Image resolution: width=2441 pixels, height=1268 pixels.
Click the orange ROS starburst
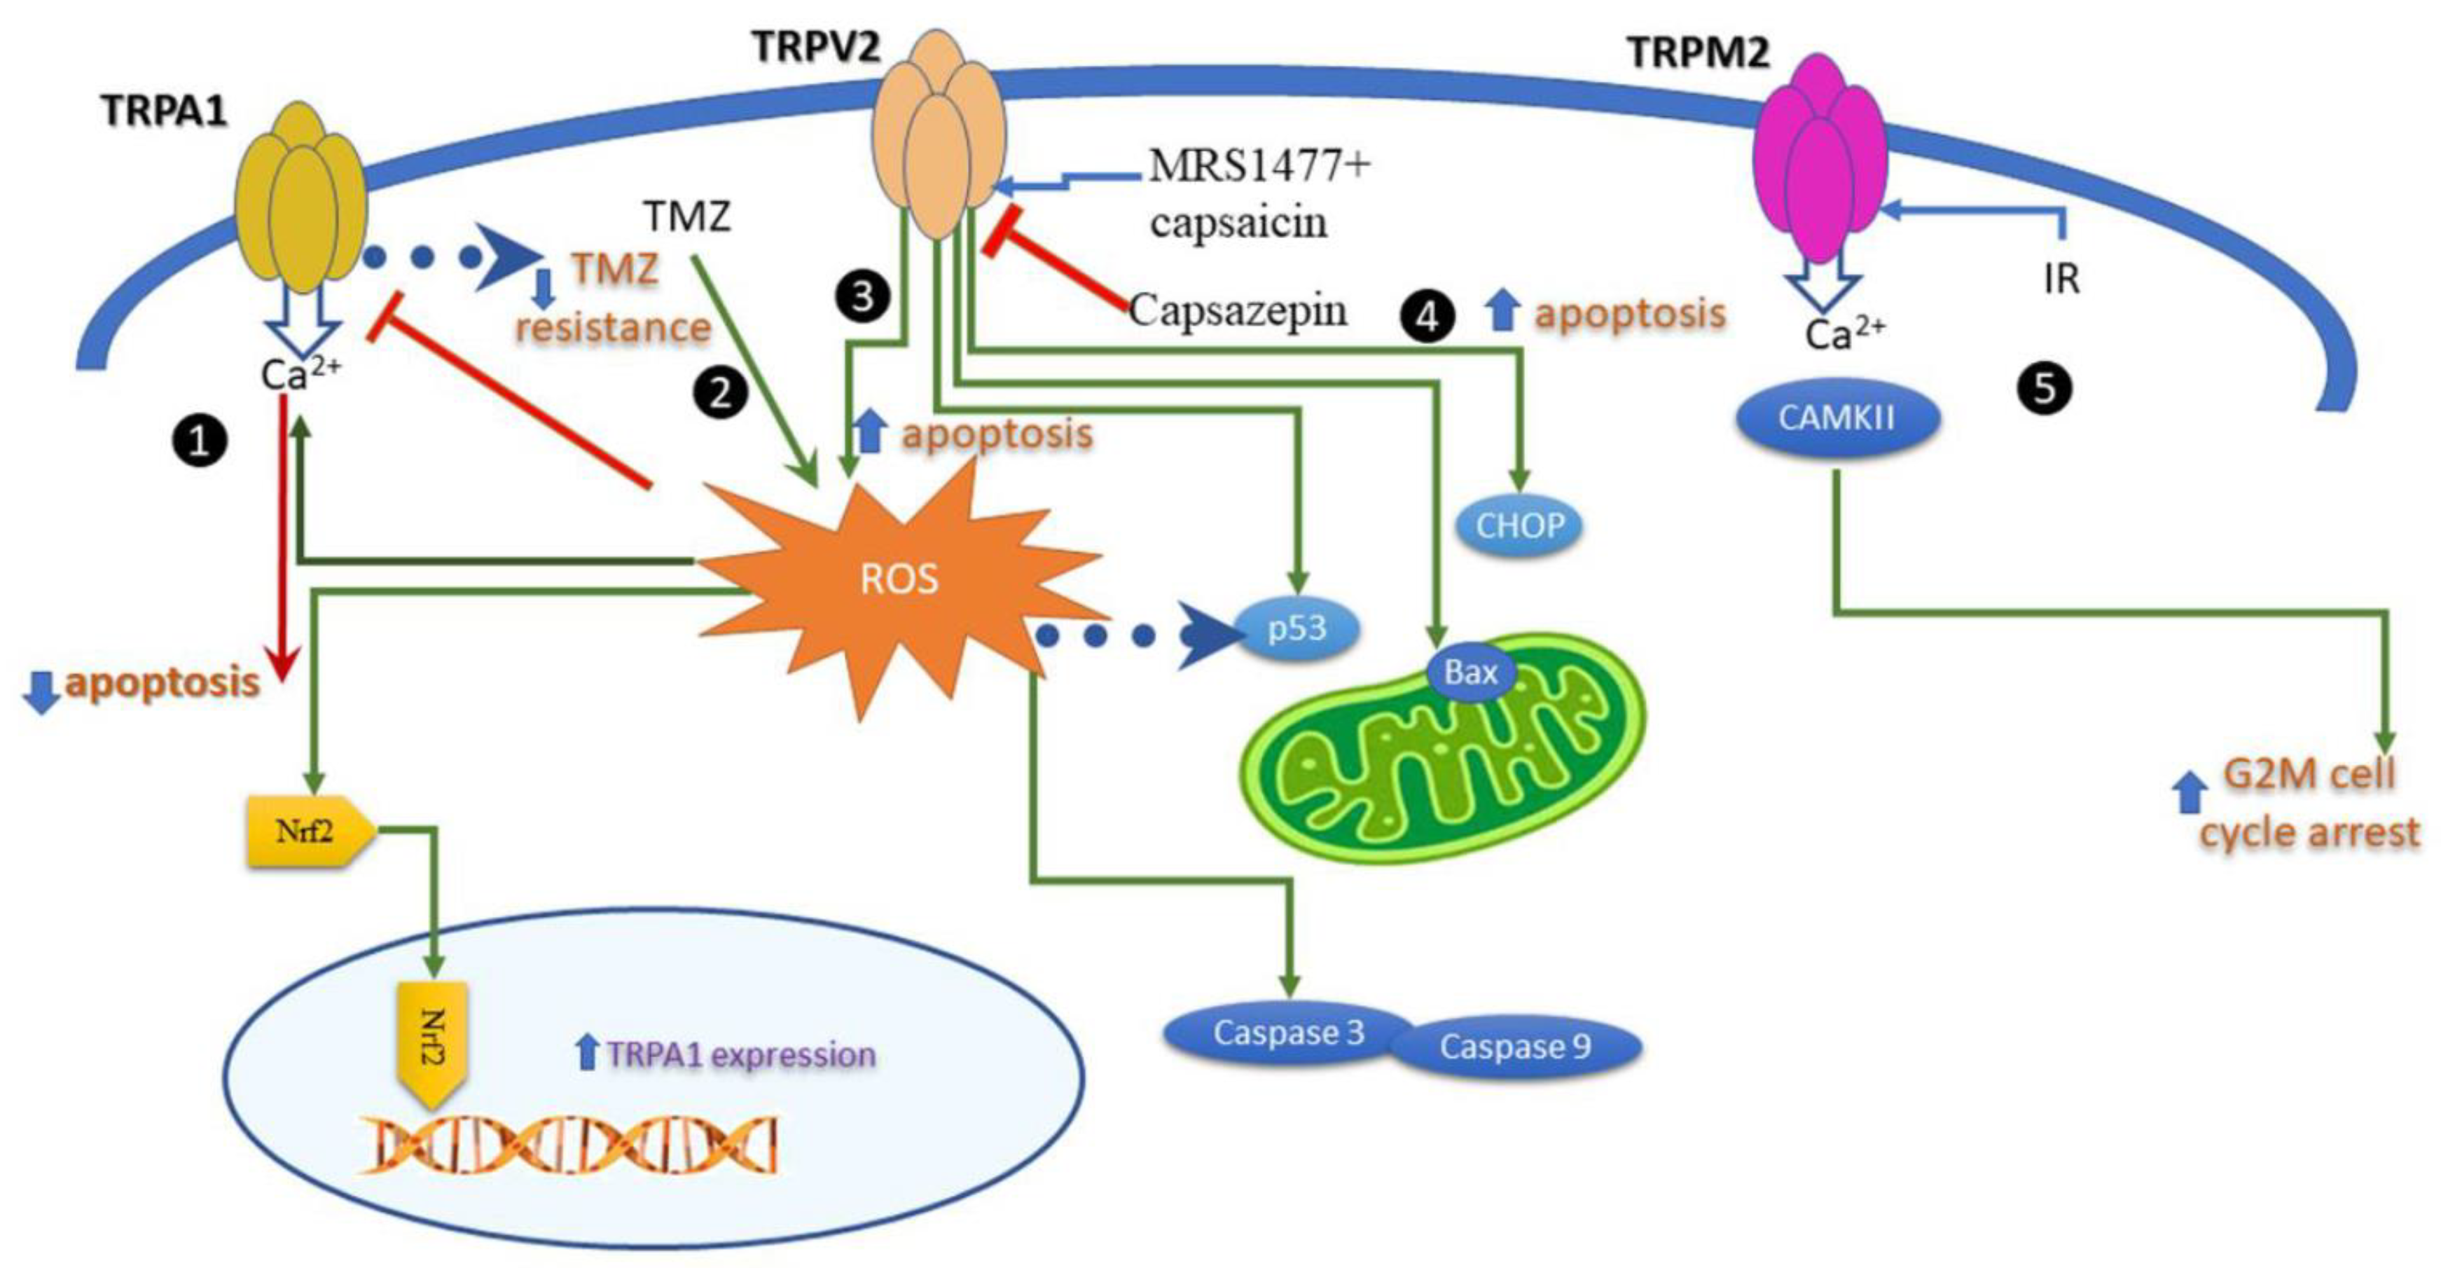coord(899,580)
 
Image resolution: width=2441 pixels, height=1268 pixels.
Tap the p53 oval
coord(1297,628)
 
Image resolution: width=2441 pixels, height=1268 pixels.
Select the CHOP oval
coord(1520,525)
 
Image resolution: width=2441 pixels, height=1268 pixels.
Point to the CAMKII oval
coord(1837,419)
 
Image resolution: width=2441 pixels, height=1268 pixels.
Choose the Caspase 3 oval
coord(1289,1033)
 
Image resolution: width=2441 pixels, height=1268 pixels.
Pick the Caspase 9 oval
coord(1514,1048)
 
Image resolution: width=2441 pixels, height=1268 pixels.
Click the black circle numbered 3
coord(862,296)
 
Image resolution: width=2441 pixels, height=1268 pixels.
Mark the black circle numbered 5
coord(2045,389)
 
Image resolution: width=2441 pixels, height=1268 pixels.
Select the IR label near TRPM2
coord(2062,280)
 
